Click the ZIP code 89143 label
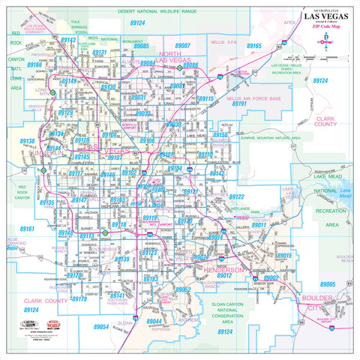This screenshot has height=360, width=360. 68,39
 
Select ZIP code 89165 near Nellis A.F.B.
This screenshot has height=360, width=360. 254,46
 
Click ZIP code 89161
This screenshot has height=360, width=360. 28,229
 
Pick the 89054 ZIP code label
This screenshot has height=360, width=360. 101,327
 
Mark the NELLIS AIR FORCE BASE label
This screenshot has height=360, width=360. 253,99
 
